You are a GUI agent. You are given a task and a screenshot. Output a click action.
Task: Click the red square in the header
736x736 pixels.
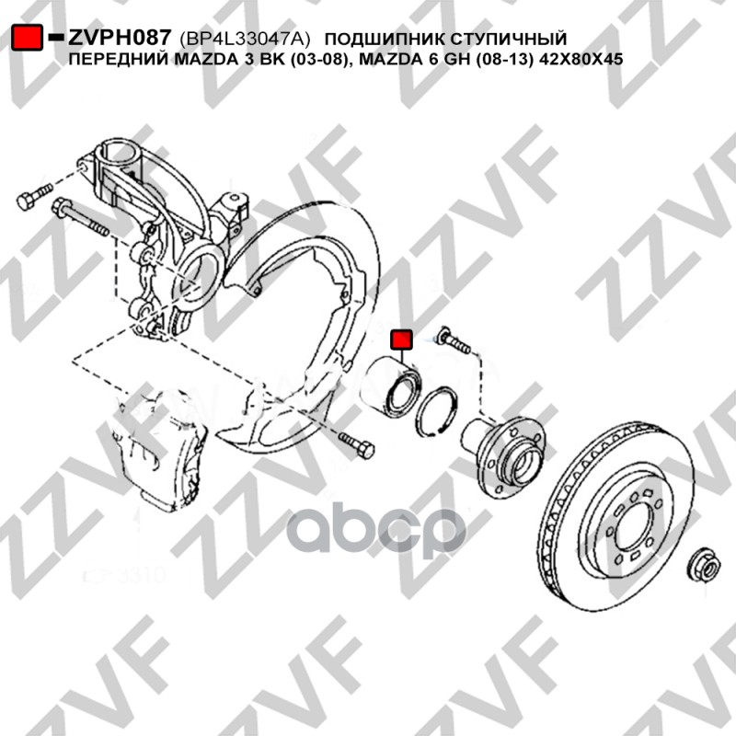click(25, 38)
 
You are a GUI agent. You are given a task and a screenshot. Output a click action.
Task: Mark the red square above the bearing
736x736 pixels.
click(402, 340)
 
